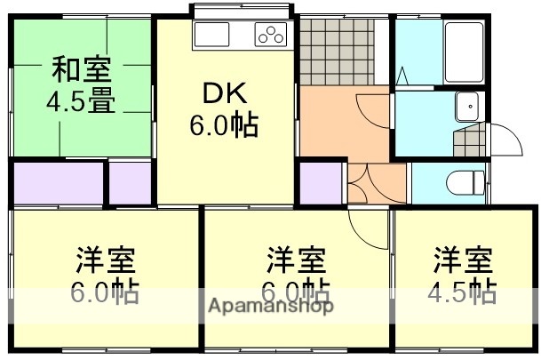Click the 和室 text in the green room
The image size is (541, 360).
click(x=80, y=68)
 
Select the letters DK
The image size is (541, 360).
click(x=223, y=93)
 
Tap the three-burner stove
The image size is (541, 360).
click(x=272, y=35)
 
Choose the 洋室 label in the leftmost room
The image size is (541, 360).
click(x=104, y=261)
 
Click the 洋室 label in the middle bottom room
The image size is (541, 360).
click(x=297, y=261)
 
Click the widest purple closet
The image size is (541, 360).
click(x=59, y=183)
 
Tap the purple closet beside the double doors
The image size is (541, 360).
click(x=320, y=183)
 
